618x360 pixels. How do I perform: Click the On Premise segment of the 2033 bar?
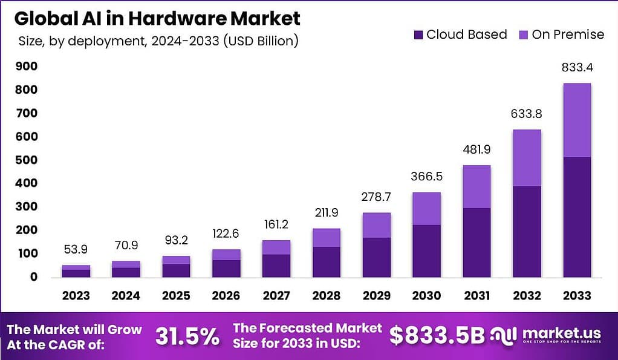(576, 120)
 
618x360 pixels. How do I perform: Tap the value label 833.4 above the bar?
(576, 68)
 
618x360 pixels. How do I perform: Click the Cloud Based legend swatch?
(418, 35)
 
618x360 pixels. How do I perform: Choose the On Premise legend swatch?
(524, 35)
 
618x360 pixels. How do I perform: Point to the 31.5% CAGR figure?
(187, 336)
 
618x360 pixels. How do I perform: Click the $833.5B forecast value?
(437, 336)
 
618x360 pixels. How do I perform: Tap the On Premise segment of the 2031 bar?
(476, 187)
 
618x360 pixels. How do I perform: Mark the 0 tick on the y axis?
(34, 277)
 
